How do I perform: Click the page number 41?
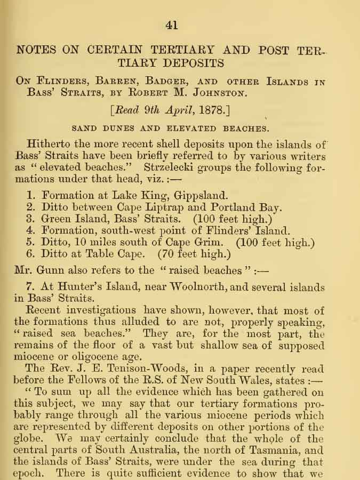[172, 25]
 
